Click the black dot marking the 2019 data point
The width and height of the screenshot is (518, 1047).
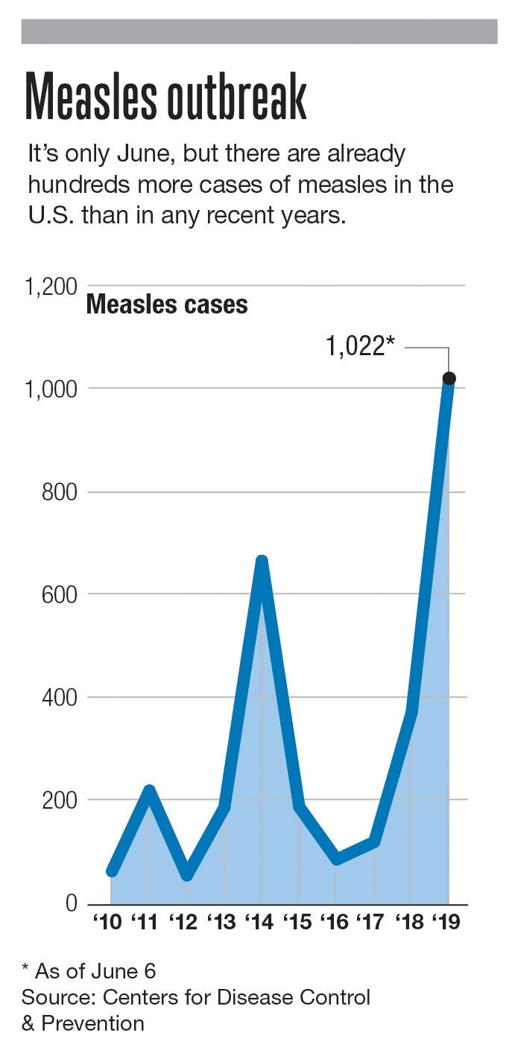(x=449, y=378)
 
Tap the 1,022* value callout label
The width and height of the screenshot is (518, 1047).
(x=359, y=346)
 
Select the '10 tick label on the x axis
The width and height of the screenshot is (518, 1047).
(x=108, y=922)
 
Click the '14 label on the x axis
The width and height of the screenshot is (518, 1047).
(x=260, y=922)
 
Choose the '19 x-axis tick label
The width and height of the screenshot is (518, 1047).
(x=446, y=922)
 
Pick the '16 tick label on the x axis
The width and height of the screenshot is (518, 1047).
(x=335, y=922)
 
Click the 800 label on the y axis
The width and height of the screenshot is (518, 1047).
(x=60, y=492)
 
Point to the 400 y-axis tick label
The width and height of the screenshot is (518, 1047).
(x=60, y=698)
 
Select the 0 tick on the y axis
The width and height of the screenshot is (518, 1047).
(x=72, y=903)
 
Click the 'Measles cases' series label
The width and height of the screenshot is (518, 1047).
(x=167, y=305)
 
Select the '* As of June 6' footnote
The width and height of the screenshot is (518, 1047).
(x=89, y=971)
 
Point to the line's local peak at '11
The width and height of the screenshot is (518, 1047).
(x=149, y=790)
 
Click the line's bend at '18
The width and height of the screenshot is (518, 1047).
(x=411, y=712)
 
